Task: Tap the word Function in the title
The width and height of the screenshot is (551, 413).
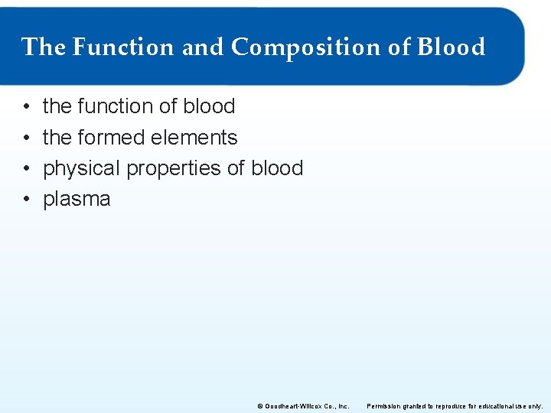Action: click(x=124, y=47)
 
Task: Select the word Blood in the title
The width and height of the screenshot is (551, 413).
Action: click(x=452, y=47)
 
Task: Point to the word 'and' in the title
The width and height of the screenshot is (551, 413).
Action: click(x=204, y=47)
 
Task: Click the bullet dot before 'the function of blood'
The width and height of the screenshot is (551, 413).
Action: click(x=26, y=106)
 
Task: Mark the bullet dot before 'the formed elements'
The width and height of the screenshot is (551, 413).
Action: click(x=26, y=138)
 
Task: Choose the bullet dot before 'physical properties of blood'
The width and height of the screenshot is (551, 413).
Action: click(x=26, y=168)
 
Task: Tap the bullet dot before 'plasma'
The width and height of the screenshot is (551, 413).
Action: click(x=26, y=200)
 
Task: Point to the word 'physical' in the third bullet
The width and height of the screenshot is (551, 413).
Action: click(x=81, y=168)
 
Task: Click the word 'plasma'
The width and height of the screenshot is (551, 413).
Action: click(x=77, y=200)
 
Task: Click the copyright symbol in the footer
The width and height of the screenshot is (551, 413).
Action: click(x=260, y=406)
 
